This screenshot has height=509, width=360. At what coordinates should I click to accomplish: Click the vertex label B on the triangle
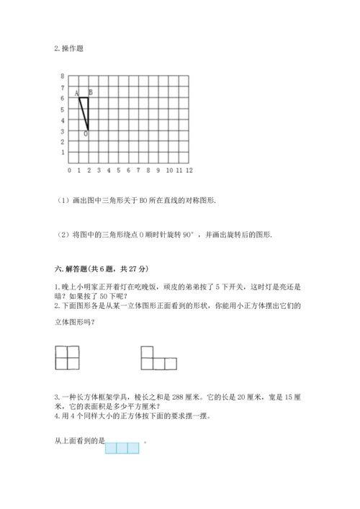coord(90,91)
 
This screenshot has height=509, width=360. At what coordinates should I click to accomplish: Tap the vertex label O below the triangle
coord(86,134)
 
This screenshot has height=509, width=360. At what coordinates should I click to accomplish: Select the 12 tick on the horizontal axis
coord(189,171)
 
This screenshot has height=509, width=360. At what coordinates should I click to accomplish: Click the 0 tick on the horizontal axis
coord(69,171)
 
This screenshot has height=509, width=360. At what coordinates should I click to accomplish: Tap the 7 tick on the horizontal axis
coord(138,171)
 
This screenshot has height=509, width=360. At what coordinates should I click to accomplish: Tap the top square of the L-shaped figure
coord(146,351)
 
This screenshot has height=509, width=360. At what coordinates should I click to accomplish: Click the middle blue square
coord(122,448)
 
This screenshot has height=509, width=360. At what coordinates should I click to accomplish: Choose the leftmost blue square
coord(111,448)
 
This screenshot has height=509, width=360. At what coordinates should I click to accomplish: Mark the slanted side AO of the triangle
coord(84,114)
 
